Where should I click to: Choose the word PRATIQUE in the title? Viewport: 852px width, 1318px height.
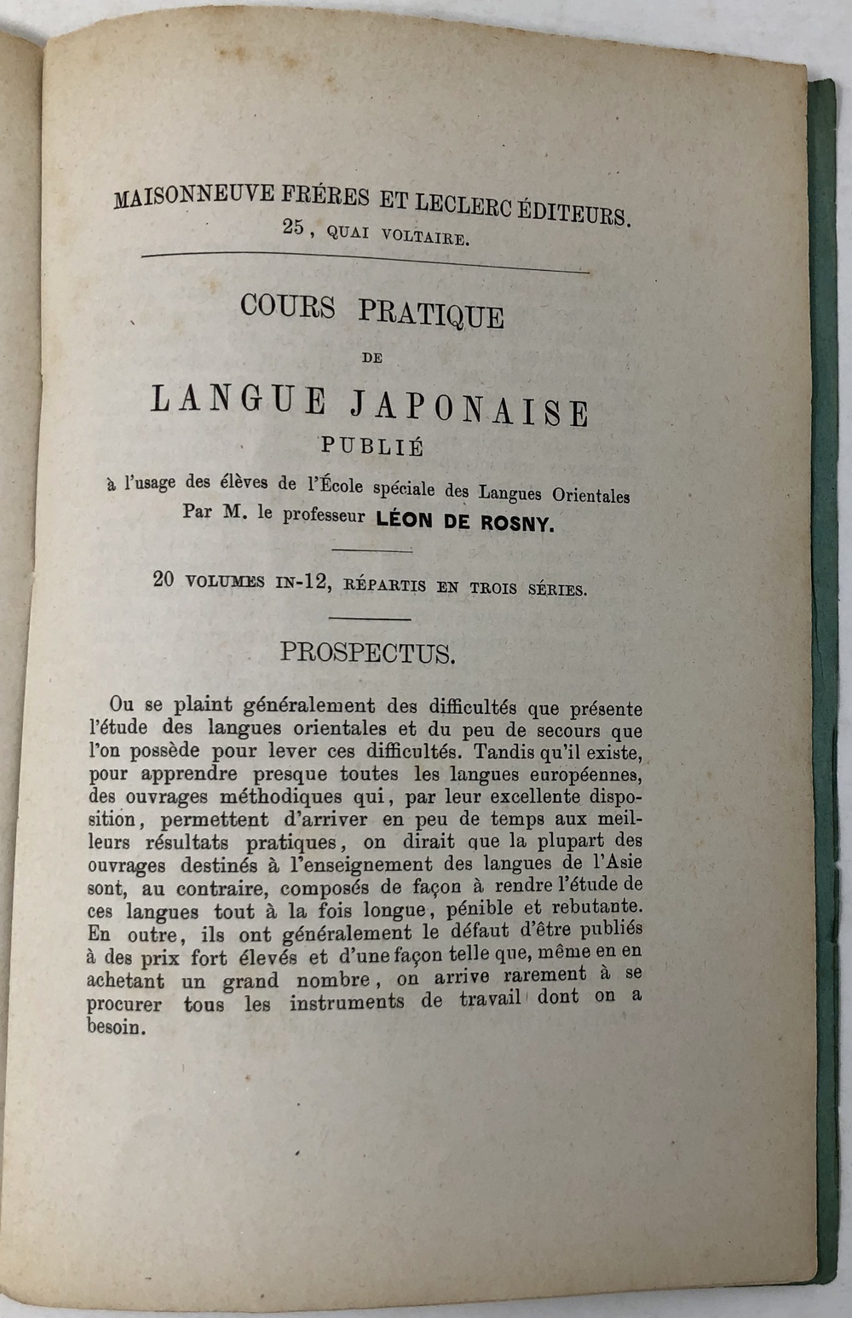(x=431, y=314)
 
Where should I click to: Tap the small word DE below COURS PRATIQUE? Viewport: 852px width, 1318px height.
(x=371, y=359)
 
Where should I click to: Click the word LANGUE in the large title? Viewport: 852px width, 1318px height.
(x=239, y=400)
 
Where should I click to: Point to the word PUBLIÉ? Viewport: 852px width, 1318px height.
(x=372, y=445)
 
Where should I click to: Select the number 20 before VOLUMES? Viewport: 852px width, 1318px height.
(x=164, y=579)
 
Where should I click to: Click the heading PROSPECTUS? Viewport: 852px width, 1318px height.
(x=368, y=653)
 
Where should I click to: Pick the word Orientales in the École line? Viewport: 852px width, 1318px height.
(x=591, y=495)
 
